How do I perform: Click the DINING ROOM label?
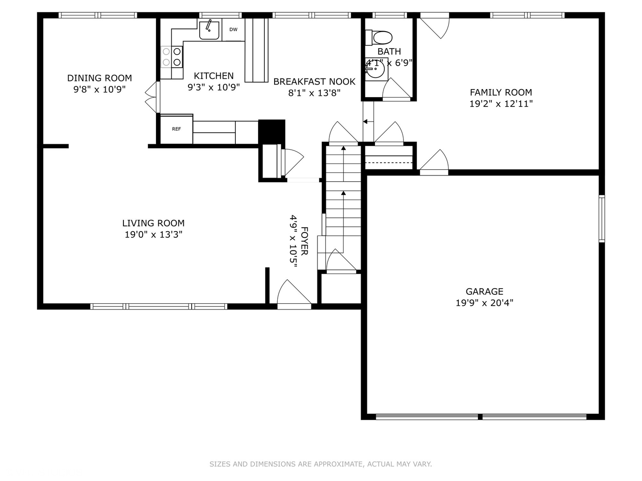click(99, 78)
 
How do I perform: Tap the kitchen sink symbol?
click(209, 29)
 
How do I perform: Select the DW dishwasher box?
click(233, 30)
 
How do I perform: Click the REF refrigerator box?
click(177, 129)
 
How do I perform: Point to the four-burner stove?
click(172, 57)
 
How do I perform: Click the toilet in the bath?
click(379, 37)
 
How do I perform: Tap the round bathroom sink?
click(376, 69)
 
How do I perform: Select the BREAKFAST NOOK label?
click(314, 82)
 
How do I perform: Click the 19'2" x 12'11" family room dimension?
click(501, 104)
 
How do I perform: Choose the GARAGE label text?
click(484, 292)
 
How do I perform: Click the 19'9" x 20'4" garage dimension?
click(484, 303)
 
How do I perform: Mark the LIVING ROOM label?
click(153, 223)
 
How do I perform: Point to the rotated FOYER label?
click(304, 241)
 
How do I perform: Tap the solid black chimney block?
click(272, 131)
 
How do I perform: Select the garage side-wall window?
click(601, 218)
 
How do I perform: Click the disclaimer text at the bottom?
click(321, 464)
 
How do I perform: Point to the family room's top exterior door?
click(436, 27)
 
